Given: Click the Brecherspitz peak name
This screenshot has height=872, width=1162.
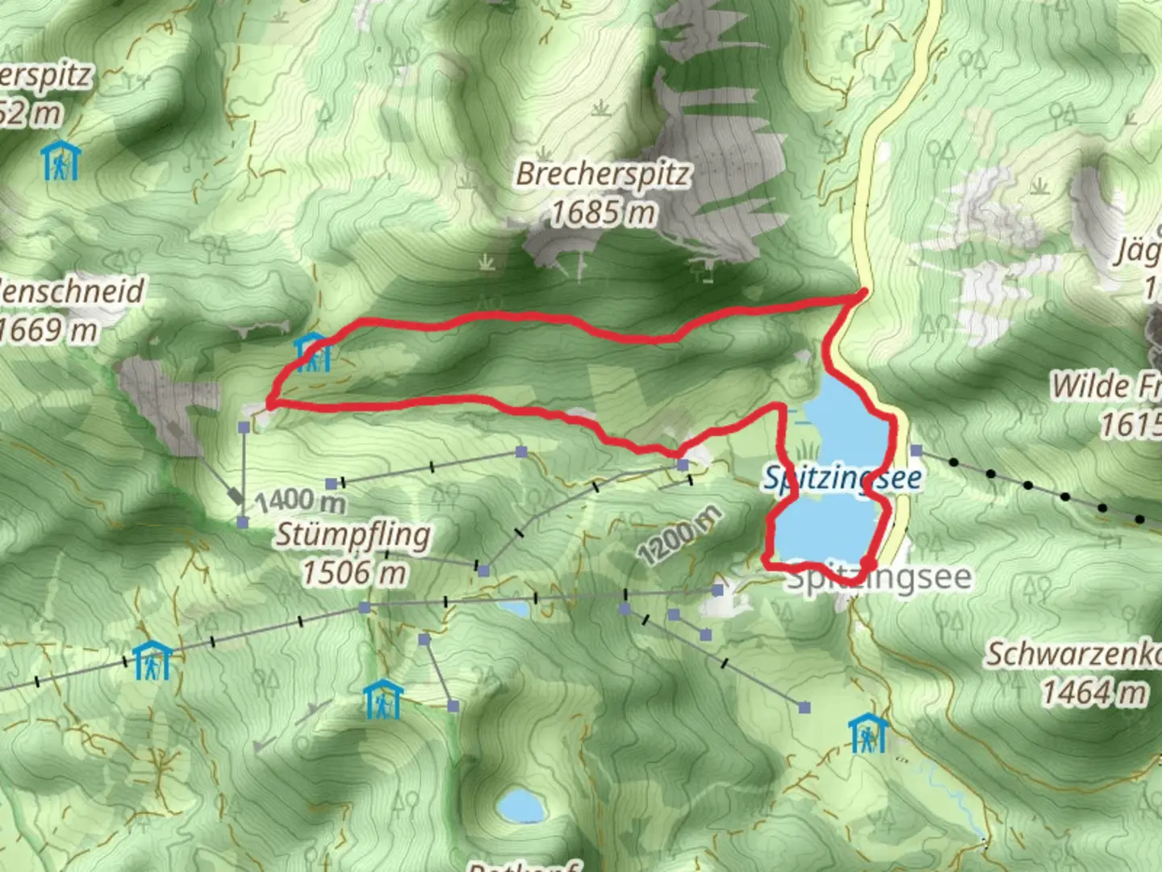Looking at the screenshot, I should click(x=603, y=174).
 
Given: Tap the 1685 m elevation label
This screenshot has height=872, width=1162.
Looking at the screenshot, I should click(x=603, y=213).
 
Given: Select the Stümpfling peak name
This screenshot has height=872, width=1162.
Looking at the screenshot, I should click(x=353, y=535).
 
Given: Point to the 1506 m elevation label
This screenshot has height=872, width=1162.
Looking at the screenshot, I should click(x=353, y=572).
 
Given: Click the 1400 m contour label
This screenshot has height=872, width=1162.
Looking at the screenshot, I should click(x=300, y=501).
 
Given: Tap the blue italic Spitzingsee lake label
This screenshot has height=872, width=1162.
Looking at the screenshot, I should click(x=842, y=478).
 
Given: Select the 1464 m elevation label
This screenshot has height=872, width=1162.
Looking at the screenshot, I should click(x=1093, y=692).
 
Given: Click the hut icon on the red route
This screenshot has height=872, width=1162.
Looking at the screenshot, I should click(x=311, y=351).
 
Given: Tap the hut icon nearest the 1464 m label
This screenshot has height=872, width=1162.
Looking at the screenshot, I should click(x=868, y=733).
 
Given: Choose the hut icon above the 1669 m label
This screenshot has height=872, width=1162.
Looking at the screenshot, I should click(x=61, y=161).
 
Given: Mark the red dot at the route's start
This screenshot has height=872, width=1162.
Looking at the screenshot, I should click(x=868, y=563).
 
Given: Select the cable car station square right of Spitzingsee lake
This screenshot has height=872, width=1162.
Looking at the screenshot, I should click(x=915, y=450).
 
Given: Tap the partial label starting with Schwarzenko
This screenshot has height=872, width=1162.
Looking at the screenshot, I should click(x=1073, y=655).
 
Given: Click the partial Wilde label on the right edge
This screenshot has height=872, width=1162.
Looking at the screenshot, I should click(x=1106, y=386).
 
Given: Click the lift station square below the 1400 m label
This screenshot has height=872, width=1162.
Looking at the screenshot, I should click(x=243, y=522).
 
